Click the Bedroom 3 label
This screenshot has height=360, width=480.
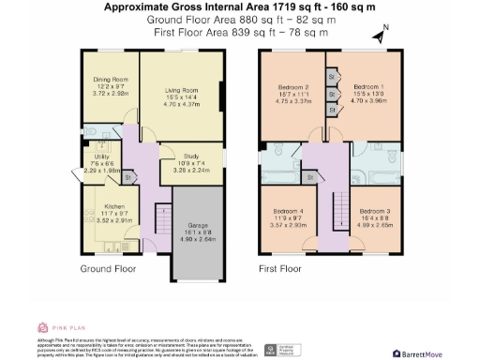[374, 211]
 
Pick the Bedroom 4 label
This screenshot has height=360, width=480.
[288, 211]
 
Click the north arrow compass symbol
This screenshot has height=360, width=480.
[377, 37]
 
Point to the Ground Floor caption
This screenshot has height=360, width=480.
[108, 268]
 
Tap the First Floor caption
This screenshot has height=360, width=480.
[282, 268]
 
